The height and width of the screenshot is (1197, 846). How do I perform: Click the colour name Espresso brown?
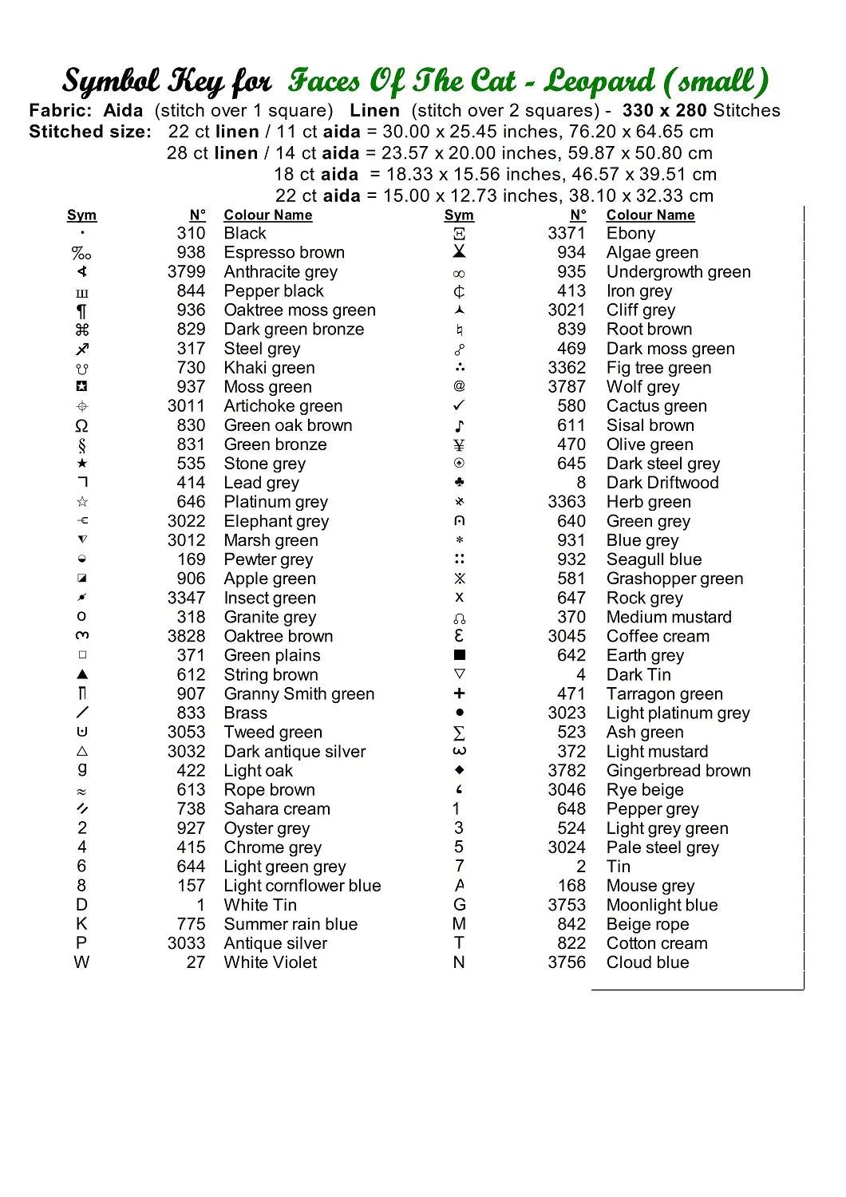(x=284, y=253)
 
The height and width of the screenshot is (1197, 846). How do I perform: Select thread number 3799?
(x=187, y=272)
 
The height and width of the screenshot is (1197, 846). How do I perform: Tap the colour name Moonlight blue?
(x=662, y=905)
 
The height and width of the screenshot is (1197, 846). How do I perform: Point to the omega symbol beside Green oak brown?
(x=81, y=426)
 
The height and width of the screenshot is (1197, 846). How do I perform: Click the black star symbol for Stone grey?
(x=81, y=464)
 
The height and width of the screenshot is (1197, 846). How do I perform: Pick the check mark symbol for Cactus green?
(x=459, y=406)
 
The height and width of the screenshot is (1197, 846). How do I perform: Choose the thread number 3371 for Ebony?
(x=567, y=234)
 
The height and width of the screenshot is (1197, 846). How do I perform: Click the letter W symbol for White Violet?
(x=81, y=962)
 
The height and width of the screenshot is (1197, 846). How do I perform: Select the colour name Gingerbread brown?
(x=678, y=771)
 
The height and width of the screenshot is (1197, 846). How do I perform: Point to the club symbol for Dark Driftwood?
(x=459, y=483)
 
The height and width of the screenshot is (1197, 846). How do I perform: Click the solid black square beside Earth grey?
(x=459, y=655)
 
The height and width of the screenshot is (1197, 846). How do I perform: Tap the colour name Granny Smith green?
(x=298, y=694)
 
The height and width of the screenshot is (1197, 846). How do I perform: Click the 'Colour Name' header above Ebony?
(x=650, y=215)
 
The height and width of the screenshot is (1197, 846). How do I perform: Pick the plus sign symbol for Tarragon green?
(x=459, y=693)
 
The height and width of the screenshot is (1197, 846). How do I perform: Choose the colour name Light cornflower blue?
(x=302, y=886)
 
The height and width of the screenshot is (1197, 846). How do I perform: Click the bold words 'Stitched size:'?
(x=90, y=132)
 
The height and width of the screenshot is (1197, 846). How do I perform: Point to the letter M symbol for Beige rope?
(x=459, y=924)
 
